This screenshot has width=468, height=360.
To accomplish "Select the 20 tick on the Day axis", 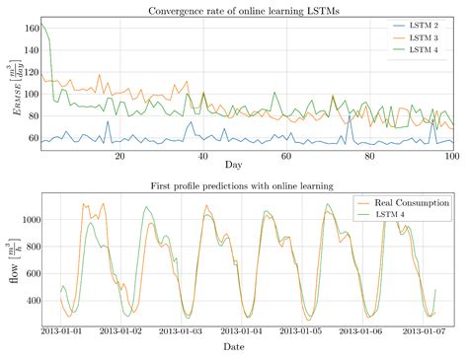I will pos(119,157).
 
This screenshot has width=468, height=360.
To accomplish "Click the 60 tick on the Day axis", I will pos(286,157).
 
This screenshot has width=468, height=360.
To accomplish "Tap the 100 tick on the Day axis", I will pos(452,157).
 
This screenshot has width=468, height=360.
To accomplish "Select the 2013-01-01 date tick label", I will pos(62,330).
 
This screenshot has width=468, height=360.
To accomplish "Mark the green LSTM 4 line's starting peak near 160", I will pos(41,24).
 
